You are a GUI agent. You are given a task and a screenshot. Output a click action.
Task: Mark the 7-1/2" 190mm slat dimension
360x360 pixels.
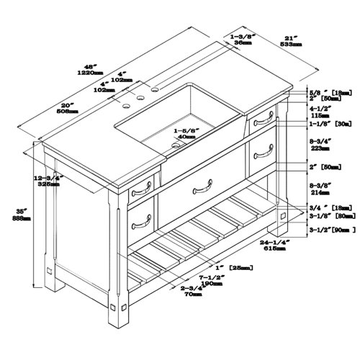[x=217, y=280]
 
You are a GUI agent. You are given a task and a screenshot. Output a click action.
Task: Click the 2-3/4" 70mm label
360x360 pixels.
[x=176, y=291]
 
